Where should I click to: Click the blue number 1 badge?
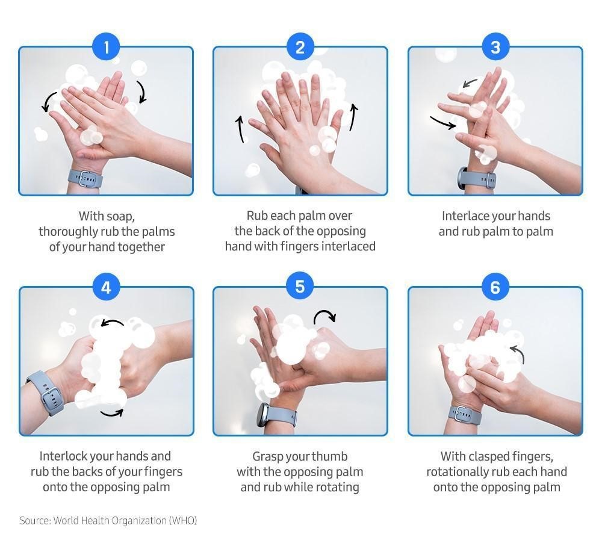click(107, 47)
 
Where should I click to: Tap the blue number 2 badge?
click(300, 47)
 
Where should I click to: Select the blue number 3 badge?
click(495, 47)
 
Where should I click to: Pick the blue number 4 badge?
click(107, 287)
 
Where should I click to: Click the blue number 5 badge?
click(300, 287)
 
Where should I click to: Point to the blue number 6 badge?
click(495, 287)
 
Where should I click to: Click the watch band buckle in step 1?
click(84, 179)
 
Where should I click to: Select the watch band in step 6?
click(465, 415)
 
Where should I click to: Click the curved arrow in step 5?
click(324, 314)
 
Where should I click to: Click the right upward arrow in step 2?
click(353, 117)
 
